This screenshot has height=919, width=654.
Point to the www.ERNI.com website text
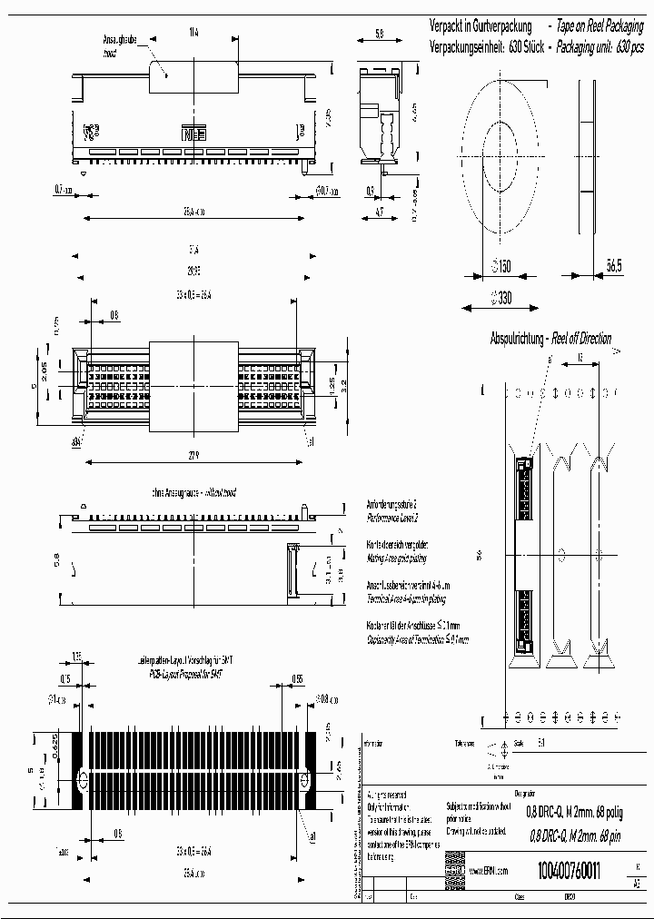[x=488, y=871]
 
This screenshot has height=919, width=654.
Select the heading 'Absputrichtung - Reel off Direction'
[x=550, y=339]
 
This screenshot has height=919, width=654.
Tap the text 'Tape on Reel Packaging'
[x=602, y=28]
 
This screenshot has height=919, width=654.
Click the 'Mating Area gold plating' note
[x=396, y=558]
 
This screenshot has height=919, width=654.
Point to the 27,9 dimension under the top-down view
[x=193, y=455]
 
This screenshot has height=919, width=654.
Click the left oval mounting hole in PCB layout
[x=83, y=781]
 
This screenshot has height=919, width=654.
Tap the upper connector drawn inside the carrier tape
[x=524, y=486]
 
